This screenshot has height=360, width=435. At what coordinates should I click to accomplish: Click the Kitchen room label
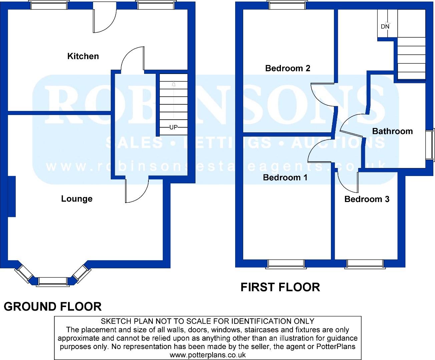tap(83, 56)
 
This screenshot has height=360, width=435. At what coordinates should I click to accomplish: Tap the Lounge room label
tap(77, 199)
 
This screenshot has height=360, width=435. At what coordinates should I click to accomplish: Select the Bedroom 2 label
tap(288, 68)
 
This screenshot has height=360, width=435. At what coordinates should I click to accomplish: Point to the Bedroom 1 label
tap(285, 177)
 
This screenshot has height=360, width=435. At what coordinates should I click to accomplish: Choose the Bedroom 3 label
tap(367, 199)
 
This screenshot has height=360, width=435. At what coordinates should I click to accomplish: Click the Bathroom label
tap(392, 131)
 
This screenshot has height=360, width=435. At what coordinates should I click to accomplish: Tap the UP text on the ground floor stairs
tap(173, 127)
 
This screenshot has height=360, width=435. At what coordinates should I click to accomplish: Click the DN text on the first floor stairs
tap(385, 26)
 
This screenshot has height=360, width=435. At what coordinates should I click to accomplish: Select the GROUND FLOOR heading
tap(53, 306)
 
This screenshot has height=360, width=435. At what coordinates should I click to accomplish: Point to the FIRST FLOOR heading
tap(280, 287)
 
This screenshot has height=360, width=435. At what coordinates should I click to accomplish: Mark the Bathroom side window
tap(430, 145)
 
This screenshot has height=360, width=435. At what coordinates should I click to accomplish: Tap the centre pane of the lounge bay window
tap(53, 282)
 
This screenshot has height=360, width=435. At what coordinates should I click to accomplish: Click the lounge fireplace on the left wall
tap(12, 196)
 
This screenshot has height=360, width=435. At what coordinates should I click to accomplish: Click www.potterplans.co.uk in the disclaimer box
tap(208, 355)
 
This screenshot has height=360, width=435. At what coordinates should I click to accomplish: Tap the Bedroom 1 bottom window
tap(286, 264)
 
